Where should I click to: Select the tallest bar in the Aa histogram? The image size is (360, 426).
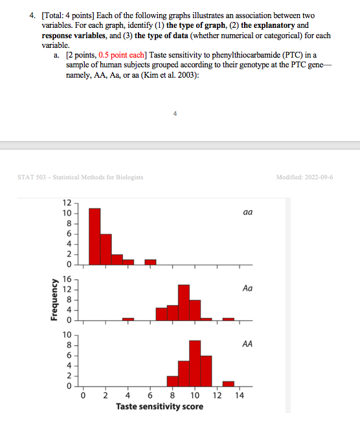click(183, 302)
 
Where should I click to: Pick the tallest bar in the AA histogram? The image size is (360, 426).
click(195, 363)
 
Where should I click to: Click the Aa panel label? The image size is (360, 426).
click(247, 288)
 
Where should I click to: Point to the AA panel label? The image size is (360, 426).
click(247, 345)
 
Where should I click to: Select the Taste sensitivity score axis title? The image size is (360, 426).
click(159, 407)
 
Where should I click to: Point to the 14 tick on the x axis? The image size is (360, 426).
click(240, 396)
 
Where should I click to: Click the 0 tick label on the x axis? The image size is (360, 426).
click(84, 396)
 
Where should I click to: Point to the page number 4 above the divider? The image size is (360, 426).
click(175, 113)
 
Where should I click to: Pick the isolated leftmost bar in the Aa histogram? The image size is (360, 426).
click(128, 319)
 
